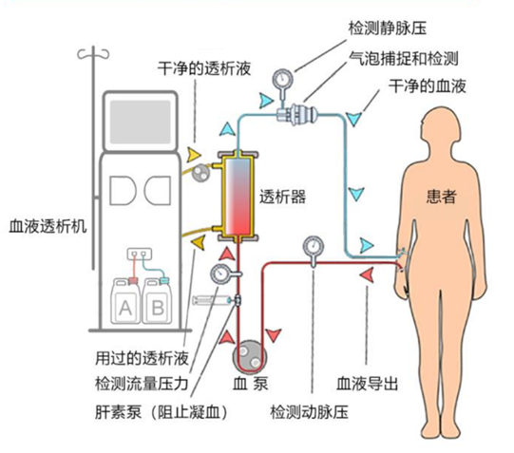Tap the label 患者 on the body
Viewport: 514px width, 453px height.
tap(440, 198)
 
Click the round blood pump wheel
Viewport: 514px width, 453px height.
tap(250, 355)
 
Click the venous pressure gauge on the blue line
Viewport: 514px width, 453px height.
tap(281, 81)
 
